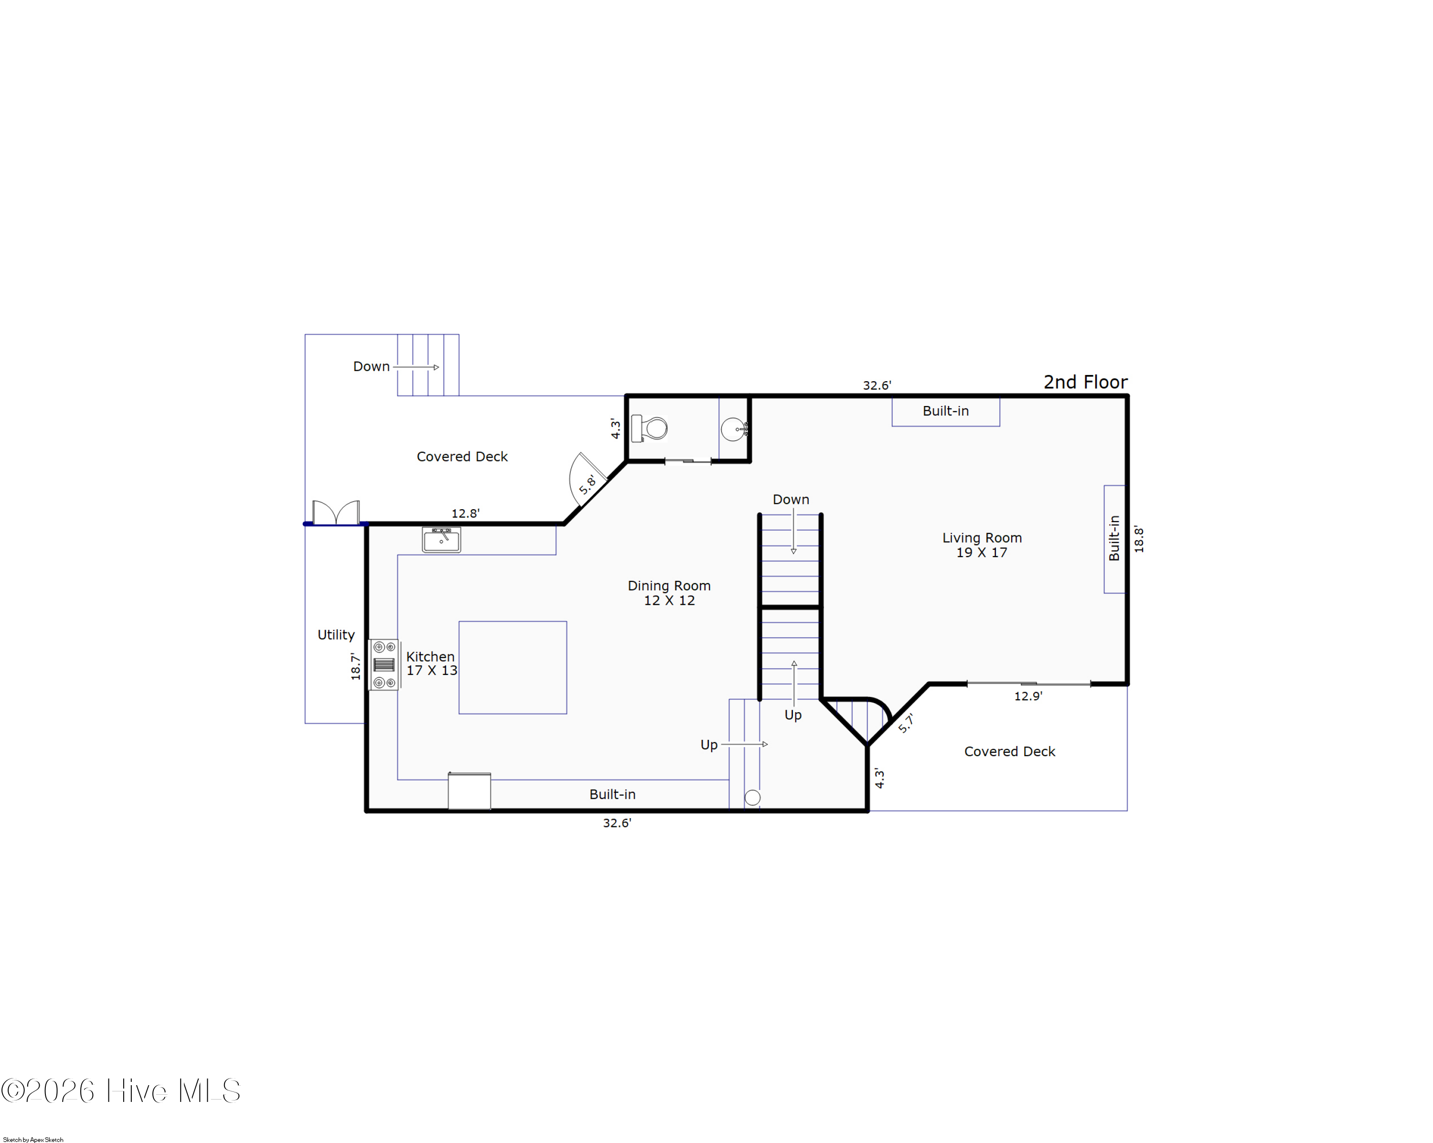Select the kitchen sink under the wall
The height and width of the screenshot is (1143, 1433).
point(441,540)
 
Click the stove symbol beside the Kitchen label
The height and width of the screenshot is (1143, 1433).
point(384,664)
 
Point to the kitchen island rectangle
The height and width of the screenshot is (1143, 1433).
point(513,667)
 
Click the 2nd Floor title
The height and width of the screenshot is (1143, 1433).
point(1085,382)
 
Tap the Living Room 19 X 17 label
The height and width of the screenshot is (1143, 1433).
point(981,545)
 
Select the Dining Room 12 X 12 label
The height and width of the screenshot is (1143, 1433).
point(669,593)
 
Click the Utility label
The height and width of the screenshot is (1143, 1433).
point(336,635)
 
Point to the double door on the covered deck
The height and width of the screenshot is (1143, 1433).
point(336,513)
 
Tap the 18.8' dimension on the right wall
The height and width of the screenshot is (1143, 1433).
point(1139,539)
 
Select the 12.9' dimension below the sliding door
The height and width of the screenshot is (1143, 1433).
point(1027,696)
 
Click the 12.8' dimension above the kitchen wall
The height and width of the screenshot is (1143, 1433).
point(465,513)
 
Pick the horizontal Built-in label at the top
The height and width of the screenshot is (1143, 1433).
point(945,411)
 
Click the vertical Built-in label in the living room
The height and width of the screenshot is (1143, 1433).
point(1114,538)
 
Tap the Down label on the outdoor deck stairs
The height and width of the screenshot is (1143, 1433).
point(371,366)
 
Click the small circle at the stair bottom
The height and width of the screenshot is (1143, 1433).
point(752,798)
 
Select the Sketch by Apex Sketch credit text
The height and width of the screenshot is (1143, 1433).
point(33,1139)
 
